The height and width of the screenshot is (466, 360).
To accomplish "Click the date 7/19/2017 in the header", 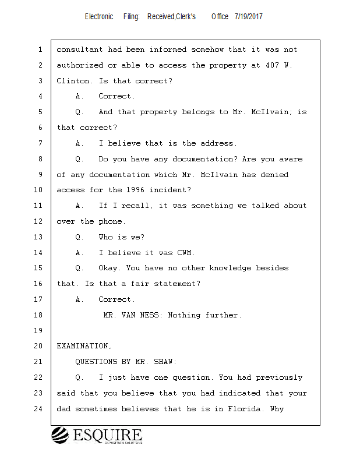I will coord(249,17).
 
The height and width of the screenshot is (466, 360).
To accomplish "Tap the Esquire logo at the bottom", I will coord(97,436).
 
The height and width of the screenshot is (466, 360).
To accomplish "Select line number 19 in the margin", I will coord(40,331).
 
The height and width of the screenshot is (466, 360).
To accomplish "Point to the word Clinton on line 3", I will coord(73,81).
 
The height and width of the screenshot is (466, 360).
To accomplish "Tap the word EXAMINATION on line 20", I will coord(82,346).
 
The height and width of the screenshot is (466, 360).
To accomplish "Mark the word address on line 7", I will coord(217,143).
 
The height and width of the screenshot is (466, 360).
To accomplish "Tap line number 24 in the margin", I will coord(40,409).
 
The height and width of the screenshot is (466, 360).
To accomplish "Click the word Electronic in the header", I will coord(99,17).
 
